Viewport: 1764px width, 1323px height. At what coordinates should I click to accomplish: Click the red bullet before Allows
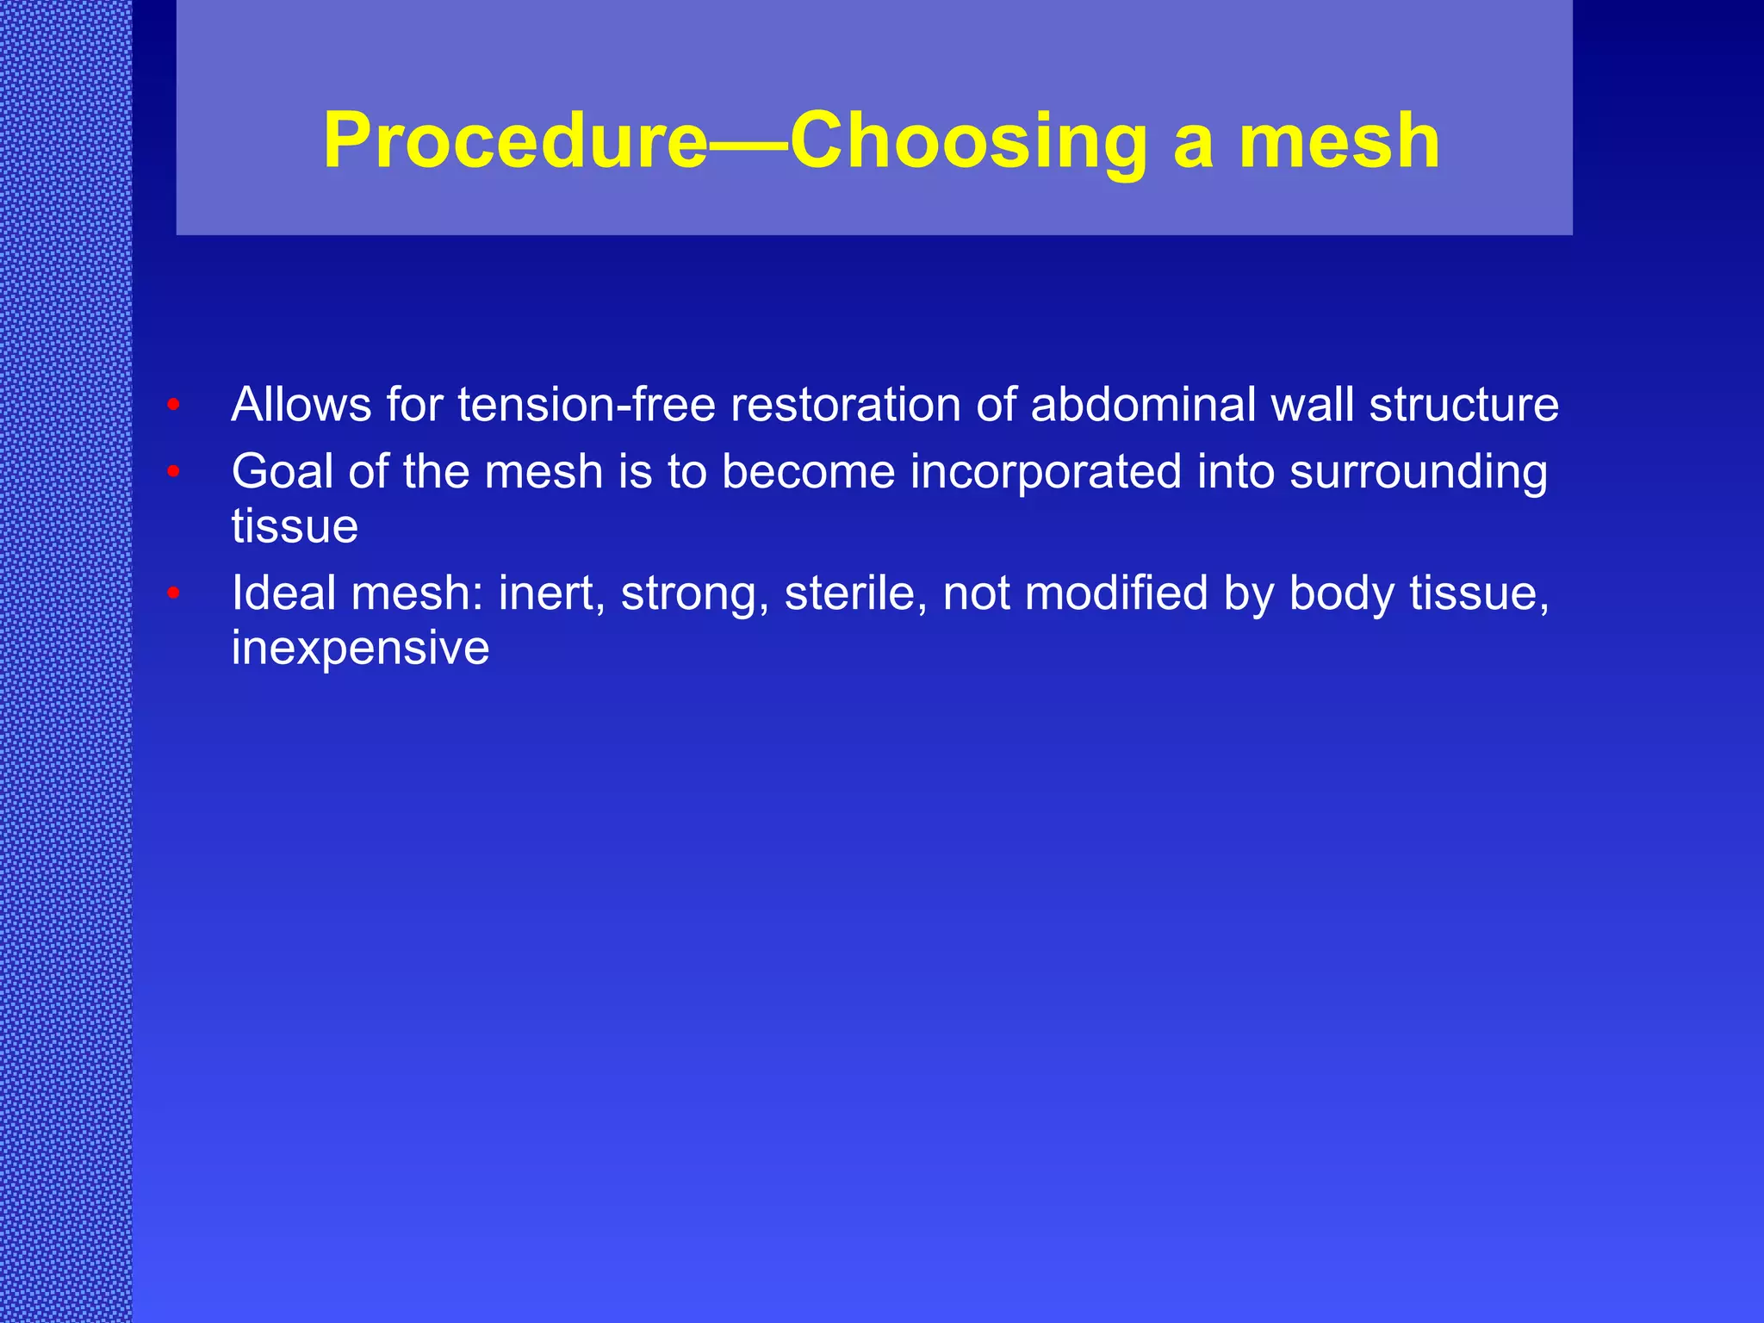(x=173, y=405)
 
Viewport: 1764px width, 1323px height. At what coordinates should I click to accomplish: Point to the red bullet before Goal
(x=173, y=472)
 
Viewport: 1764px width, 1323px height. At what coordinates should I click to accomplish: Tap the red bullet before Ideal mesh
(x=173, y=593)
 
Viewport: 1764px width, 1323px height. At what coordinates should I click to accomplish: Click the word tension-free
(x=587, y=404)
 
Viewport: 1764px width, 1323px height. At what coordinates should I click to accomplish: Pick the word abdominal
(x=1143, y=404)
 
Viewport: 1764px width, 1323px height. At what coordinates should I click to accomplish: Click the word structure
(x=1463, y=404)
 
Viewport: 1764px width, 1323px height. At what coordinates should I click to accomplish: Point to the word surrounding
(x=1418, y=472)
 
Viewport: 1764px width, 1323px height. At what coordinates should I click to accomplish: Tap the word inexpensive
(x=360, y=648)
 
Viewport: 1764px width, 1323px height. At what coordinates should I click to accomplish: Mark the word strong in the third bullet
(x=694, y=593)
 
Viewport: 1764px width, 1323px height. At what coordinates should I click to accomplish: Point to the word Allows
(x=301, y=404)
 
